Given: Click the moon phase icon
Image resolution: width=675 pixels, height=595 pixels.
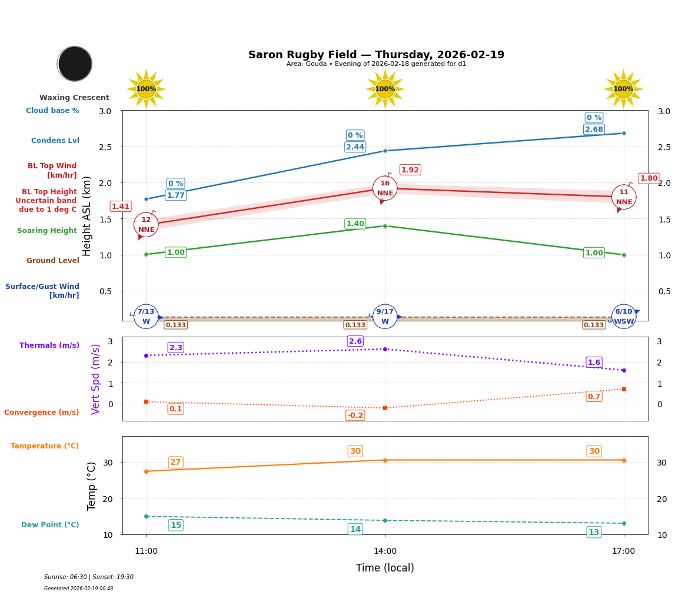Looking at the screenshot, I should coord(75,64).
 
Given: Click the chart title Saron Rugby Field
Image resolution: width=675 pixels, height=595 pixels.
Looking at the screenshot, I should coord(376,55).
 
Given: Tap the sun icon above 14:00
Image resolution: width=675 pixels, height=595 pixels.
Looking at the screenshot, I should coord(385,89).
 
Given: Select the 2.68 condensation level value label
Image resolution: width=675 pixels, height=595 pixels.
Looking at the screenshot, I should coord(594,129).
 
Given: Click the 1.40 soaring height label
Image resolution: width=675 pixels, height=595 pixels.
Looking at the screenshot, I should coord(355,224).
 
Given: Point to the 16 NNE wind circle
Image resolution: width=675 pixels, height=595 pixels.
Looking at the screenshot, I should coord(385,188).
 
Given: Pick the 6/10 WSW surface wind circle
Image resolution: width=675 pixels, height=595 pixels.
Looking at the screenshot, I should coord(624,317).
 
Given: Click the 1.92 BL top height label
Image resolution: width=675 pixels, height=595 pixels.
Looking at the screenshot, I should coord(410,170).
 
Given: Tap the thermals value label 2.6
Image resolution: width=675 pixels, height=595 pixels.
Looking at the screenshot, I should coord(355,341).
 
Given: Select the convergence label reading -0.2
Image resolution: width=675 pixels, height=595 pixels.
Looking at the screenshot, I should coord(355,415).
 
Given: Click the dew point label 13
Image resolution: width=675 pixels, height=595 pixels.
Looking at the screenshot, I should coord(594,532).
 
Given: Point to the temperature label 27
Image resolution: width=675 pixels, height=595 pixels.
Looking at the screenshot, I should coord(175,463).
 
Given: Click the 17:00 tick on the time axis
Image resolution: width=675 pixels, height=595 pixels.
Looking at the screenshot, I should coord(624,551).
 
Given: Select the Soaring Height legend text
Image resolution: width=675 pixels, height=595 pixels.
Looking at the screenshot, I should coord(47,231).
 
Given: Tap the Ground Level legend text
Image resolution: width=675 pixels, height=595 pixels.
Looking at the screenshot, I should coord(53,261).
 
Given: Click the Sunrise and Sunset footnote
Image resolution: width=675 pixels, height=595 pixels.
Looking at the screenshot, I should coord(89,577).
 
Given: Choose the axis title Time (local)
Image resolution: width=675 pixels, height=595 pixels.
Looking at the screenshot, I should coord(385,568).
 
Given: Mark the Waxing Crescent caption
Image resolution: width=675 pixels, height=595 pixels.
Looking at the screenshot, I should coord(74,98).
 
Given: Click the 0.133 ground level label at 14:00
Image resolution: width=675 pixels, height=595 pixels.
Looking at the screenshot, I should coord(355,325).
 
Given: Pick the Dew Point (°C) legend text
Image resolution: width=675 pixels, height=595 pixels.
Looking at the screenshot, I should coord(50,525).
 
